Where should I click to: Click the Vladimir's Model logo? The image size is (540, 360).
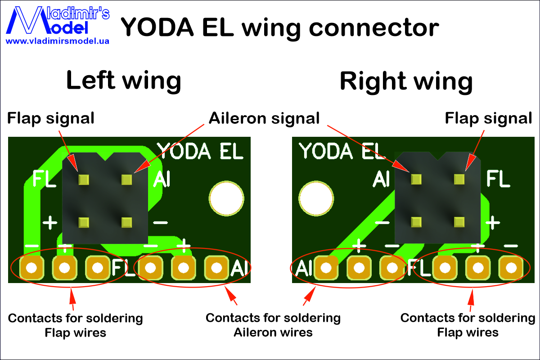[58, 20]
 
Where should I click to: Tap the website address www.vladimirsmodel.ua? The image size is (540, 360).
[58, 41]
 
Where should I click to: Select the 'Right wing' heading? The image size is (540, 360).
[406, 81]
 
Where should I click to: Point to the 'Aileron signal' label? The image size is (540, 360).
[264, 118]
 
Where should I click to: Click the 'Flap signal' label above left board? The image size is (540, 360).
[50, 118]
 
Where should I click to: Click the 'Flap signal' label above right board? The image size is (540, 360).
[488, 118]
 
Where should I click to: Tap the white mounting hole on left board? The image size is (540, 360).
[226, 198]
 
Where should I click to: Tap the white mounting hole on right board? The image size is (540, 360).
[316, 198]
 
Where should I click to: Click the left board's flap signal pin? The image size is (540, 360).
[84, 180]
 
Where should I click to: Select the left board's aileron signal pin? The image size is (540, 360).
[126, 180]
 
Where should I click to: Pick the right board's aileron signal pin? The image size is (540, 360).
[416, 180]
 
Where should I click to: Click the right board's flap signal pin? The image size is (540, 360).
[459, 180]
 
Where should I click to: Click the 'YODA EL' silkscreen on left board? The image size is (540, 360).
[200, 151]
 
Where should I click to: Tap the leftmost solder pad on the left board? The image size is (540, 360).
[31, 268]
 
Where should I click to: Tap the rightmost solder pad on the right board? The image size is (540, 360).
[511, 268]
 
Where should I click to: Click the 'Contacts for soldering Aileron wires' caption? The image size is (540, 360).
[273, 325]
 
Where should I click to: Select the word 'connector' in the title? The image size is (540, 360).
[374, 28]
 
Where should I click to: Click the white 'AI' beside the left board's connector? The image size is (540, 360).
[162, 179]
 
